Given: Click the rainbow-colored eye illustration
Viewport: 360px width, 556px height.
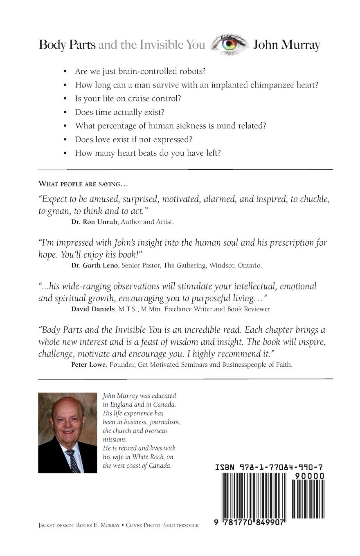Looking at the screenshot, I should tap(229, 44).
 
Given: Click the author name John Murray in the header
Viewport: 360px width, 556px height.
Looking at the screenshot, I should tap(286, 45).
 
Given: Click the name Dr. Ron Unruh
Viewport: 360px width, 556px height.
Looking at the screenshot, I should tap(88, 222).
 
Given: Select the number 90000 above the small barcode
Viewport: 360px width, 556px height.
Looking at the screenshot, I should tap(309, 476).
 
